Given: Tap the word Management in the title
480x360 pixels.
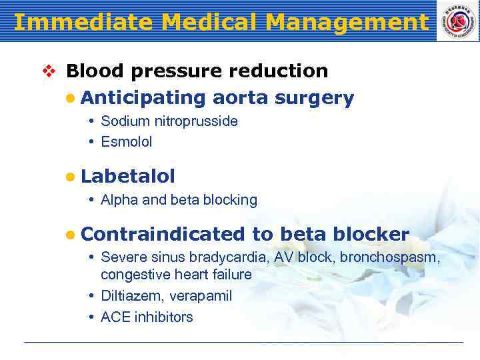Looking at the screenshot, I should pyautogui.click(x=346, y=22).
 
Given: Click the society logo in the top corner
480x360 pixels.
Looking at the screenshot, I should pyautogui.click(x=457, y=21).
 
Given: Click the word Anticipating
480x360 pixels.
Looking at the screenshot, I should pyautogui.click(x=143, y=98).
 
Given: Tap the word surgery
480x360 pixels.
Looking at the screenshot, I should pyautogui.click(x=314, y=98).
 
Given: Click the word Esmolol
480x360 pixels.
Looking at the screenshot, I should pyautogui.click(x=127, y=142).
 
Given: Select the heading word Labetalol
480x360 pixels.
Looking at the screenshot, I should pyautogui.click(x=127, y=176).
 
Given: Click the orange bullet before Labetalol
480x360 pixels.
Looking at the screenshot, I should pyautogui.click(x=70, y=177).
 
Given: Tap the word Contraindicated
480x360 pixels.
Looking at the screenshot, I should pyautogui.click(x=163, y=234).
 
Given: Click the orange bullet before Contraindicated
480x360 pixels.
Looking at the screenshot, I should pyautogui.click(x=70, y=235).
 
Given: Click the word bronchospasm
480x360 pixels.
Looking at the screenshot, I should pyautogui.click(x=389, y=257).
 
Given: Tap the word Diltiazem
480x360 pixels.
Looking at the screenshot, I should pyautogui.click(x=131, y=296).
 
